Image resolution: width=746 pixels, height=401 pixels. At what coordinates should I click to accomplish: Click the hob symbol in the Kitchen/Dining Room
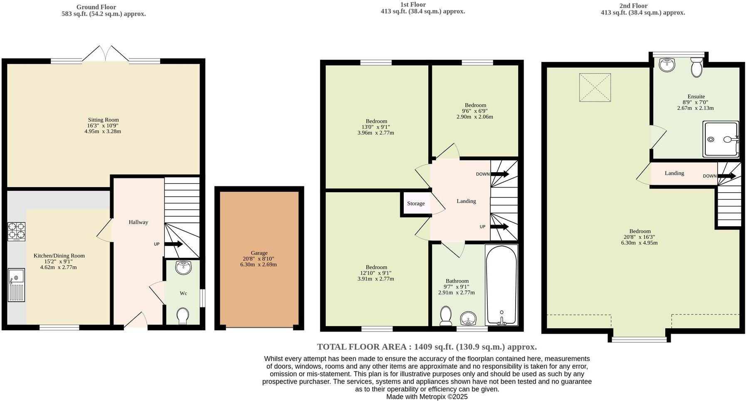tap(16, 232)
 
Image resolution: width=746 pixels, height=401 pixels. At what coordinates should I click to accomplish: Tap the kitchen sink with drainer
tap(16, 285)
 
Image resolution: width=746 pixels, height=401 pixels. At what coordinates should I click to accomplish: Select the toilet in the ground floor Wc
tap(182, 316)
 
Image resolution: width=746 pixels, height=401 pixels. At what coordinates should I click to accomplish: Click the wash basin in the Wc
tap(183, 267)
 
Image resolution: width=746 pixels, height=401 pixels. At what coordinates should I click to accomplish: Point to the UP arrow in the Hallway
tap(173, 244)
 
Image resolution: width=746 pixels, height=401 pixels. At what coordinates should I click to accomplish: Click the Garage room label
tap(259, 253)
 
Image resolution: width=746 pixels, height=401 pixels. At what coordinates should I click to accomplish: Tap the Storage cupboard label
tap(416, 203)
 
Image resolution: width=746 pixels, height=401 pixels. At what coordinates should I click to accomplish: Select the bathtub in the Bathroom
tap(501, 285)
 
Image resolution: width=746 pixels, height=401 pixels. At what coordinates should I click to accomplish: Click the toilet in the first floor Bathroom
tap(446, 316)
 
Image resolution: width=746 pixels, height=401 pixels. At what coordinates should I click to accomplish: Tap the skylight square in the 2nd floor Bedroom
tap(595, 87)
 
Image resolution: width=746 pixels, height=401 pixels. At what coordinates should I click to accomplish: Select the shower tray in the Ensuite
tap(721, 139)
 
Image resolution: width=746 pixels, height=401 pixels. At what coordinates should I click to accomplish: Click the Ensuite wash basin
tap(667, 64)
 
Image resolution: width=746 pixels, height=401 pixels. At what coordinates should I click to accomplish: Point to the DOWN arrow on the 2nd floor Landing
tap(727, 176)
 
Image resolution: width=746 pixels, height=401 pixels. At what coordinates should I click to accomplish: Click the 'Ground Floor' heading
tap(96, 7)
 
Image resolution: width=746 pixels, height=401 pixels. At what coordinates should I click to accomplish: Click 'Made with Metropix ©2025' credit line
tap(427, 396)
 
